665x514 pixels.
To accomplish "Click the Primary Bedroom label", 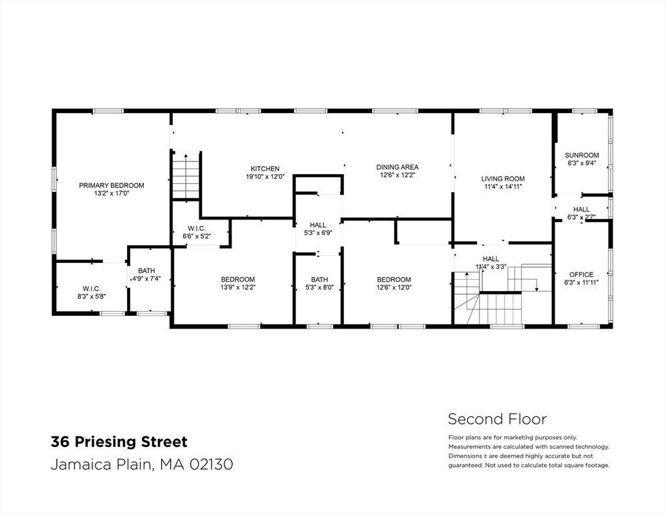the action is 112,185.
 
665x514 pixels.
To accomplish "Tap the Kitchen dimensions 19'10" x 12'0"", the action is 265,177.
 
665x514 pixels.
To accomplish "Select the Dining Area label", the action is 397,167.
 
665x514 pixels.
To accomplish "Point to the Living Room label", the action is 502,179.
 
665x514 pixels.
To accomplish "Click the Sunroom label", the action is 582,155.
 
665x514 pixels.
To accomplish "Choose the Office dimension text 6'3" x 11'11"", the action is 581,282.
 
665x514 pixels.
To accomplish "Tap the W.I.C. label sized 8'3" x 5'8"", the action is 92,288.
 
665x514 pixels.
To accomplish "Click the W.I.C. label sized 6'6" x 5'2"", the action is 197,229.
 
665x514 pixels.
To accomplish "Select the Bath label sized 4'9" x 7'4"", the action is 147,271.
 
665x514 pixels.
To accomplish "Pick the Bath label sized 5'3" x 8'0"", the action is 319,279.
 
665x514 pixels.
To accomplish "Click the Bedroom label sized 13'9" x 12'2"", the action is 238,279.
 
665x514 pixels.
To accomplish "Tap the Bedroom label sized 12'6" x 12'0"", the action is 394,279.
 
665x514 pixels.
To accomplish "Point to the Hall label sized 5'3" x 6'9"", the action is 318,225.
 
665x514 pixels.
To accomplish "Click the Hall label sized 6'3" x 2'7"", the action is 581,209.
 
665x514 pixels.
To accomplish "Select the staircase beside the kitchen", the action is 185,175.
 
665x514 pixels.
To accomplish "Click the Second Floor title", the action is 498,419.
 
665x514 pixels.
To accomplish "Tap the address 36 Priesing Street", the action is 119,442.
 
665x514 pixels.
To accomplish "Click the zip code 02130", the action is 211,464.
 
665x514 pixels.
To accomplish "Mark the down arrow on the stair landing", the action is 537,289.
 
